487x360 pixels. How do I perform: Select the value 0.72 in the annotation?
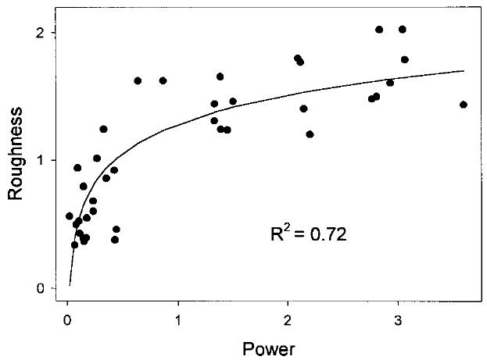click(325, 233)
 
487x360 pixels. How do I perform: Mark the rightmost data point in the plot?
click(464, 105)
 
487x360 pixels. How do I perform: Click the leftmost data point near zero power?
click(69, 216)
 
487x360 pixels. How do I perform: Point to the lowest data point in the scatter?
click(75, 244)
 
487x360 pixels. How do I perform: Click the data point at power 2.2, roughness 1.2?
click(310, 134)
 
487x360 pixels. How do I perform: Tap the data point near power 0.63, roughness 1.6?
click(138, 80)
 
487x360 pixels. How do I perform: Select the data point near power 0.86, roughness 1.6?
click(163, 80)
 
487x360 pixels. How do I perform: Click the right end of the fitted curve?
click(464, 71)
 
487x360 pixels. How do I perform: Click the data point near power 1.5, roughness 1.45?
click(233, 101)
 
